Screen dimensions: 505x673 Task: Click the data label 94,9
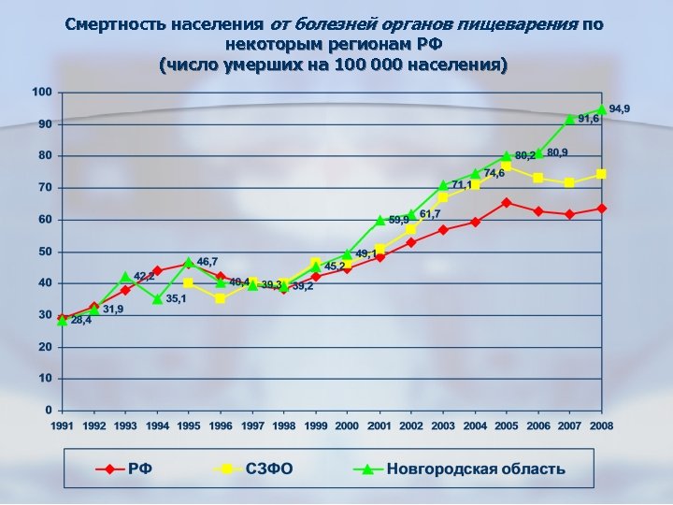(x=620, y=109)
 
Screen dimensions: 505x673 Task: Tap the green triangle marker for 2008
(x=602, y=109)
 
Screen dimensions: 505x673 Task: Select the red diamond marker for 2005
(x=506, y=202)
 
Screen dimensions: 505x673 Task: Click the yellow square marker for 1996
(x=221, y=298)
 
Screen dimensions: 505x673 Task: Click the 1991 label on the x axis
(x=63, y=426)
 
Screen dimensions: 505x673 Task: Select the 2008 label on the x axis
(x=601, y=426)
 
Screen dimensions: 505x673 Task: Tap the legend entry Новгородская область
(x=476, y=469)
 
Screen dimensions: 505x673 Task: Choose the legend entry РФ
(x=141, y=469)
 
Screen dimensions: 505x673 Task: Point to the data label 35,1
(x=177, y=299)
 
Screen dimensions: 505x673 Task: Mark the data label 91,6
(x=588, y=120)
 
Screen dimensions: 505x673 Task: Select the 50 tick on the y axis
(x=45, y=252)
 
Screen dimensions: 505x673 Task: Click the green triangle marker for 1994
(x=158, y=299)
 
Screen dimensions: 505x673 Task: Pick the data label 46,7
(x=207, y=262)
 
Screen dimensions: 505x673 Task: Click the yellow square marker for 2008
(x=602, y=174)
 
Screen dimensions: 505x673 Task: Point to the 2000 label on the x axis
(x=347, y=426)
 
